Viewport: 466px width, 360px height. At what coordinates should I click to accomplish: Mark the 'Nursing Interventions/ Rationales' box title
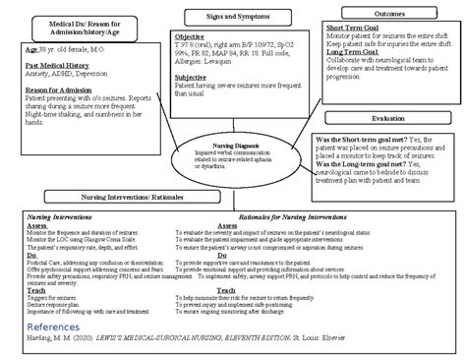click(x=146, y=197)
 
